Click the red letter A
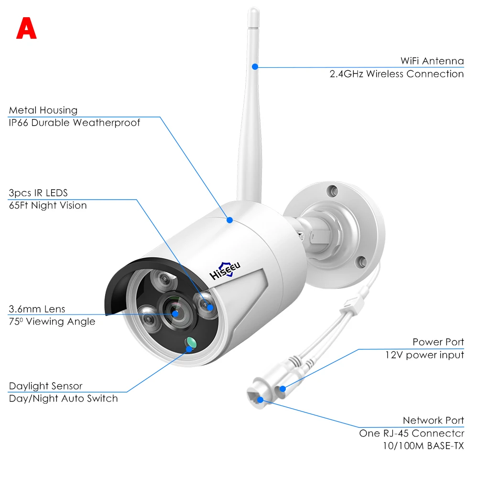click(x=26, y=29)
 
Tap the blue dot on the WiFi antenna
click(x=255, y=67)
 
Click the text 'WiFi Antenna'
click(x=432, y=61)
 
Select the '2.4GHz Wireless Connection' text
click(x=396, y=74)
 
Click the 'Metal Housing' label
click(x=43, y=110)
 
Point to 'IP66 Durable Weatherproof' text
click(x=75, y=123)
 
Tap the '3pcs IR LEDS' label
click(x=38, y=193)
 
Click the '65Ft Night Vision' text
click(x=48, y=206)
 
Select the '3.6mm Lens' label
click(x=37, y=309)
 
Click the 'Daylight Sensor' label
click(x=45, y=386)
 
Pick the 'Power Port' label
click(x=438, y=342)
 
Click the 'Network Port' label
click(x=433, y=421)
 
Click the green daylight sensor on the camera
click(x=191, y=342)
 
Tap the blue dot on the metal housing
click(x=229, y=220)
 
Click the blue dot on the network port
click(x=260, y=398)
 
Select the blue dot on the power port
click(x=282, y=389)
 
